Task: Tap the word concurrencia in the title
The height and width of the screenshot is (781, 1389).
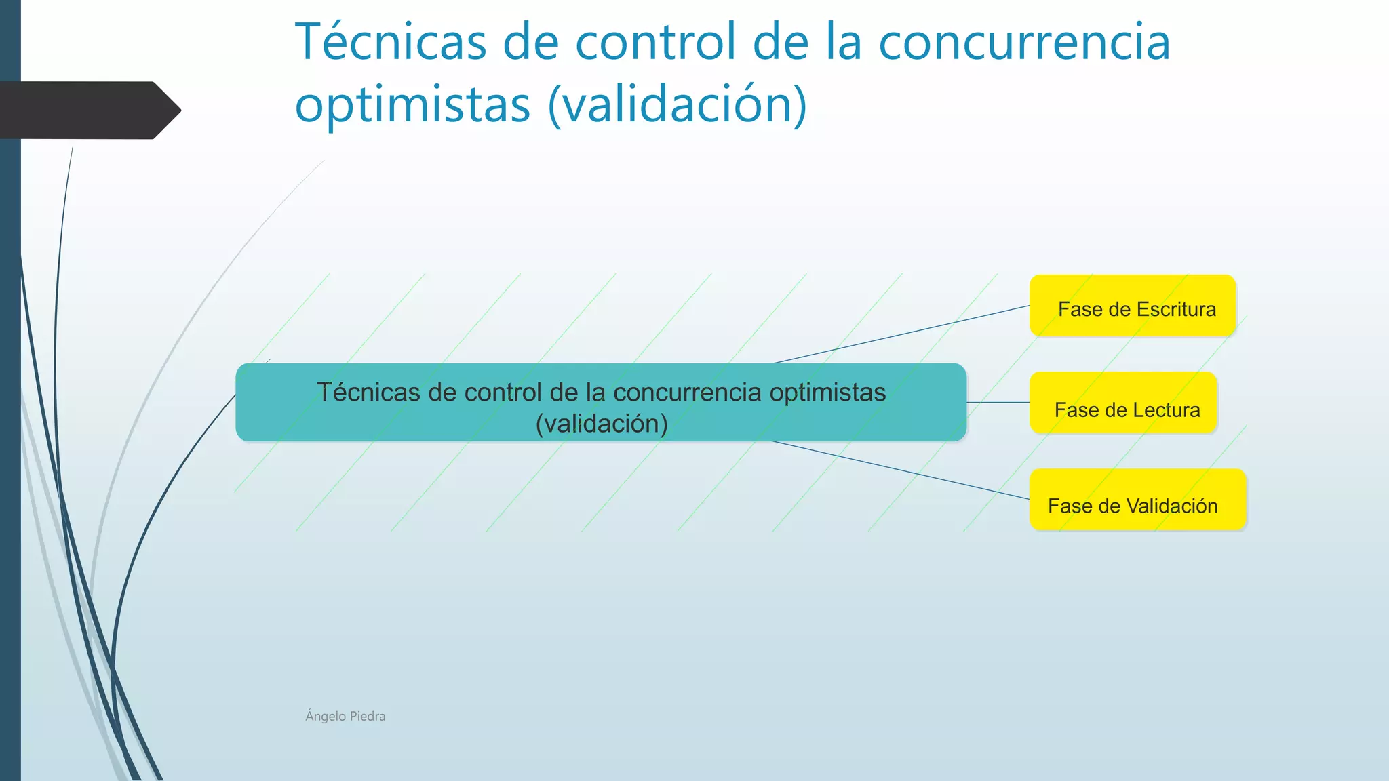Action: pos(1024,42)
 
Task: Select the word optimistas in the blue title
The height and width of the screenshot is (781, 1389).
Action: pos(412,104)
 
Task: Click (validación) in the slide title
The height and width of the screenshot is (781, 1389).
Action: pos(678,104)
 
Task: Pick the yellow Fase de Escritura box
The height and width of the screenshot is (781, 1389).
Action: pos(1132,306)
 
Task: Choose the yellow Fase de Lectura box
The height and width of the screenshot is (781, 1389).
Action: pos(1123,403)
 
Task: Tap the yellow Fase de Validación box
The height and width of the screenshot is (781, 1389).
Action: pos(1137,500)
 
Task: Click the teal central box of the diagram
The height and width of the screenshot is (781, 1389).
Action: pos(600,403)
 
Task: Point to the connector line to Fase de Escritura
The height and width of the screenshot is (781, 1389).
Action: pos(902,334)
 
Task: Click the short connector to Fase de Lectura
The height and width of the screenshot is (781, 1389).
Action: pos(998,403)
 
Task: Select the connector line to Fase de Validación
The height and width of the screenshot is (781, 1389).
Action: pos(902,470)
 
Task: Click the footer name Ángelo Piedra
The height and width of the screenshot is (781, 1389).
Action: pos(345,716)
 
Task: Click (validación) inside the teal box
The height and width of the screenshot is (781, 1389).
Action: pos(602,424)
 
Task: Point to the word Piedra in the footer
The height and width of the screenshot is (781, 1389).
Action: pos(368,716)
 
